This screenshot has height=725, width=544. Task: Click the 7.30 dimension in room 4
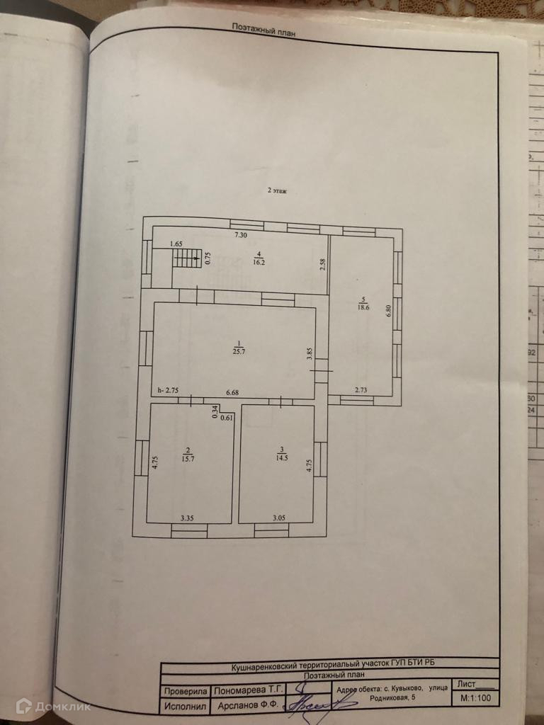(x=242, y=235)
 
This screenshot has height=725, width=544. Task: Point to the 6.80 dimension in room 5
(x=388, y=311)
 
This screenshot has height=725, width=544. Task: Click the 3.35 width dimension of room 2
(x=188, y=518)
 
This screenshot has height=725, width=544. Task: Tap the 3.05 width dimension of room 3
(x=280, y=518)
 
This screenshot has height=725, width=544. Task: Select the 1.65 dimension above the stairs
(x=176, y=244)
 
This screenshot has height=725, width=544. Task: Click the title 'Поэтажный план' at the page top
(x=263, y=28)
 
